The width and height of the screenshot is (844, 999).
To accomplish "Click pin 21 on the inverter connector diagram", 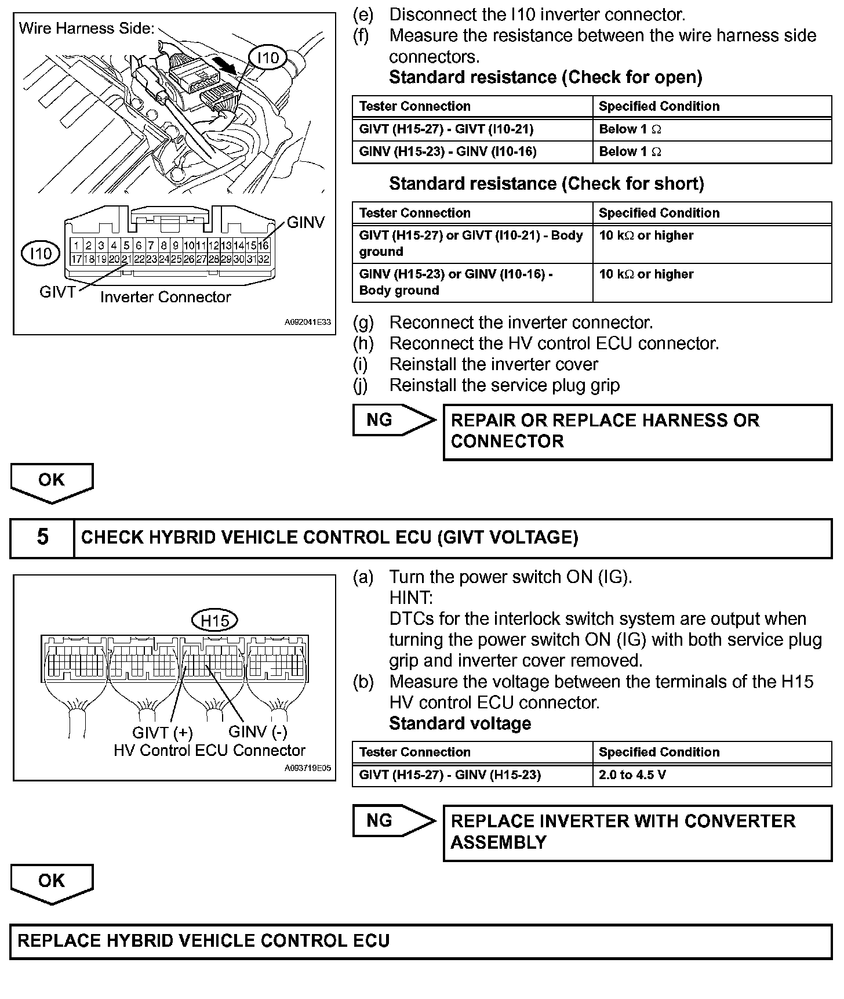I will tap(126, 259).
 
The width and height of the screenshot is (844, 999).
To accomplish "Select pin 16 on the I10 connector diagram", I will tap(264, 246).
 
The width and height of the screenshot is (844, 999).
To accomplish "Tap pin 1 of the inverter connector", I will tap(77, 246).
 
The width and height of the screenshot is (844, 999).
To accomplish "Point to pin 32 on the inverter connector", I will tap(264, 259).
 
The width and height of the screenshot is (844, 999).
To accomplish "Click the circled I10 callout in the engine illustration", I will tap(268, 57).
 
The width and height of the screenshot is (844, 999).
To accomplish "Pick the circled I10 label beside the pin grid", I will tap(41, 254).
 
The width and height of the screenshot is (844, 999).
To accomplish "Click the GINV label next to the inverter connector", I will tap(306, 223).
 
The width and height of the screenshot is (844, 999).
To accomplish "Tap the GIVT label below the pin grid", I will tap(57, 292).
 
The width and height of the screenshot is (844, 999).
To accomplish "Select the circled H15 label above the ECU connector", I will tap(215, 621).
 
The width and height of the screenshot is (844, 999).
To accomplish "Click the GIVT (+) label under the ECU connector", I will tap(162, 733).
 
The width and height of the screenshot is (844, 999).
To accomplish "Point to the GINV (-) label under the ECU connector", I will tap(258, 732).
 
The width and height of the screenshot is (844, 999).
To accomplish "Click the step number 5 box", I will tap(43, 537).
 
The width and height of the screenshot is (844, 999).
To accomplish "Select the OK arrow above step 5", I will tap(52, 482).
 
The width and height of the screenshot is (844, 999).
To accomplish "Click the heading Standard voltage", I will tap(460, 723).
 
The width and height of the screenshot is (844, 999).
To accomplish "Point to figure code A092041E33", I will tap(307, 322).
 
